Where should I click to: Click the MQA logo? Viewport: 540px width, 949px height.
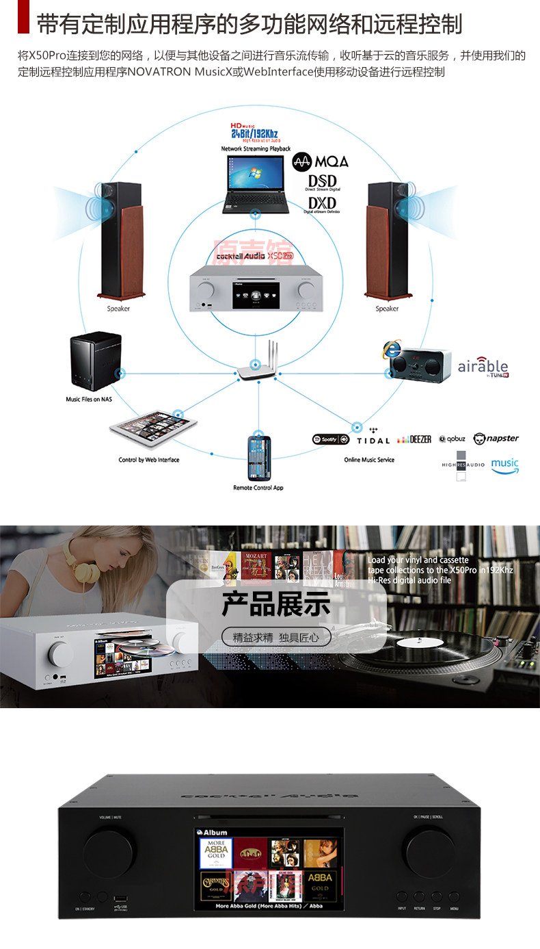pyautogui.click(x=321, y=161)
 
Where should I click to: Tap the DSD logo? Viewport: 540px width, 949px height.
pyautogui.click(x=322, y=183)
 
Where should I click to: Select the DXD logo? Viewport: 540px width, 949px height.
pyautogui.click(x=322, y=204)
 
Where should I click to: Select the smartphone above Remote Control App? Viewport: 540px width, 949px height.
pyautogui.click(x=259, y=458)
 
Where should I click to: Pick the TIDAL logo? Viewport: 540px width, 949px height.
pyautogui.click(x=373, y=440)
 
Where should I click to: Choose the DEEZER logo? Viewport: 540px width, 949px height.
pyautogui.click(x=414, y=439)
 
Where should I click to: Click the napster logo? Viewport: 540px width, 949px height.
pyautogui.click(x=496, y=439)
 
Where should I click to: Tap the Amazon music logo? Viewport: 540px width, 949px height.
pyautogui.click(x=504, y=465)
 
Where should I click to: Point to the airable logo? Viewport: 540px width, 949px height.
pyautogui.click(x=483, y=367)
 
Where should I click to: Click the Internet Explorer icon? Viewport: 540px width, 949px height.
pyautogui.click(x=392, y=349)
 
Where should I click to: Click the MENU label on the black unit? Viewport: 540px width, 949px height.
pyautogui.click(x=455, y=908)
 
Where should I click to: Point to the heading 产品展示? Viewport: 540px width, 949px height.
pyautogui.click(x=276, y=604)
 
